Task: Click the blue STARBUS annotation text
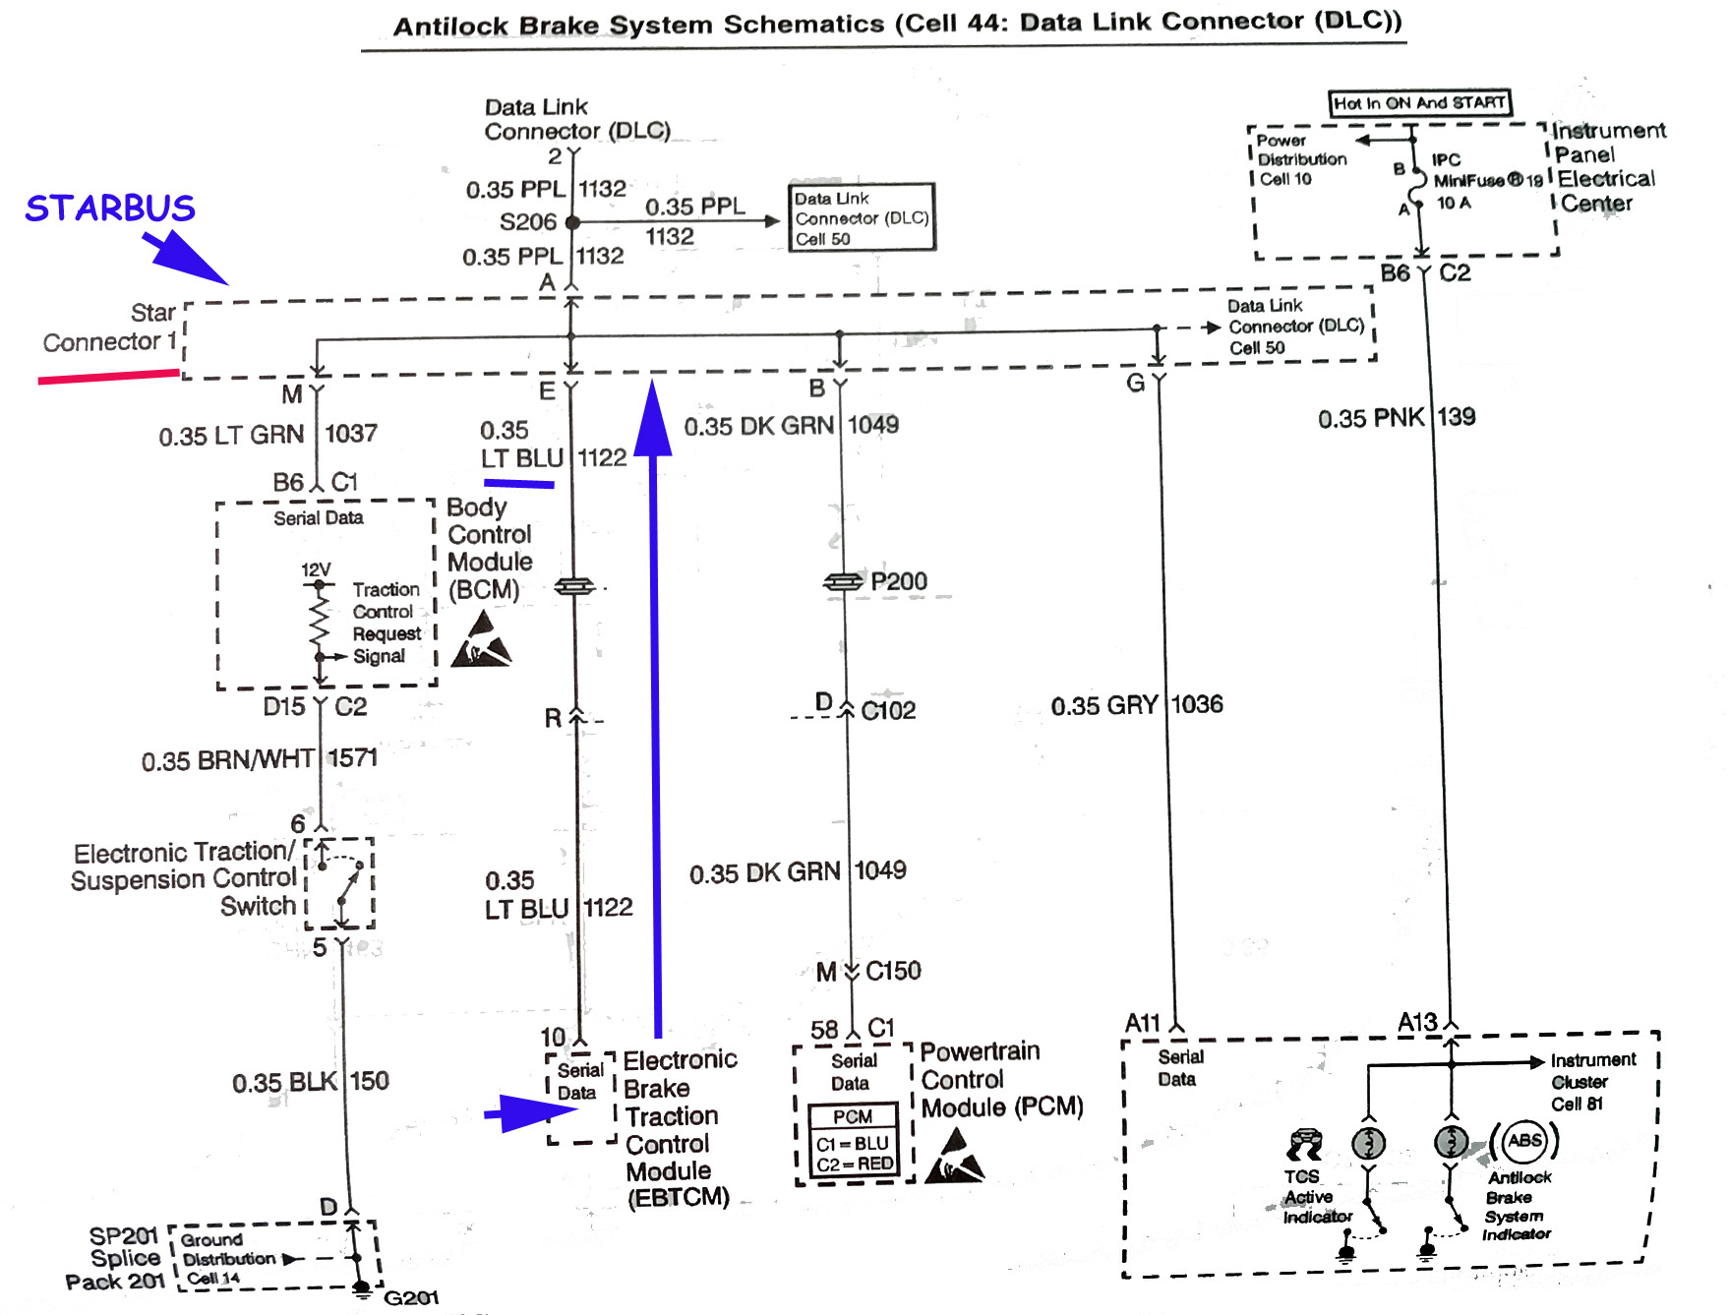tap(110, 209)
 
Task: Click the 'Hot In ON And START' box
tap(1419, 103)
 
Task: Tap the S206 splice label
tap(528, 222)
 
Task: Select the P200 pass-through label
tap(899, 581)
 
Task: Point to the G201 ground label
tap(411, 1298)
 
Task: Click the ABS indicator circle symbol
tap(1524, 1141)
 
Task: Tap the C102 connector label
tap(888, 710)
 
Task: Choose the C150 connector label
tap(893, 971)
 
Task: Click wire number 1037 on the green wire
tap(351, 434)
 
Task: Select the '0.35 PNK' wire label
tap(1371, 418)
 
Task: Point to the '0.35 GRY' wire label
tap(1104, 705)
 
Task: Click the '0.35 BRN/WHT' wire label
tap(227, 760)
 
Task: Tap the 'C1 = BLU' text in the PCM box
tap(852, 1144)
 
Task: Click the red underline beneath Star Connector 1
tap(108, 376)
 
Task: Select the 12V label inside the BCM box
tap(316, 569)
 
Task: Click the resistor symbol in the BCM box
tap(319, 621)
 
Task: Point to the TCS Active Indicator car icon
tap(1305, 1144)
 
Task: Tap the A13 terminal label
tap(1417, 1023)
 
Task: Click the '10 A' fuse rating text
tap(1454, 203)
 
